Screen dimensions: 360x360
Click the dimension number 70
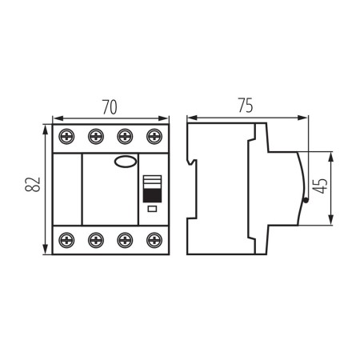110,106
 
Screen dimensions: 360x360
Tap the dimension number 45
320,189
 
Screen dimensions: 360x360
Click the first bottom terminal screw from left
66,238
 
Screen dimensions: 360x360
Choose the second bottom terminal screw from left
95,238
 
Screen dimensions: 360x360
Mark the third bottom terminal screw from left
125,238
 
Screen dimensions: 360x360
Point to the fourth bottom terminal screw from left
154,238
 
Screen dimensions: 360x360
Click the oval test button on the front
125,163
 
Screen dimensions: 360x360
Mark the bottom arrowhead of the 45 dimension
330,223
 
